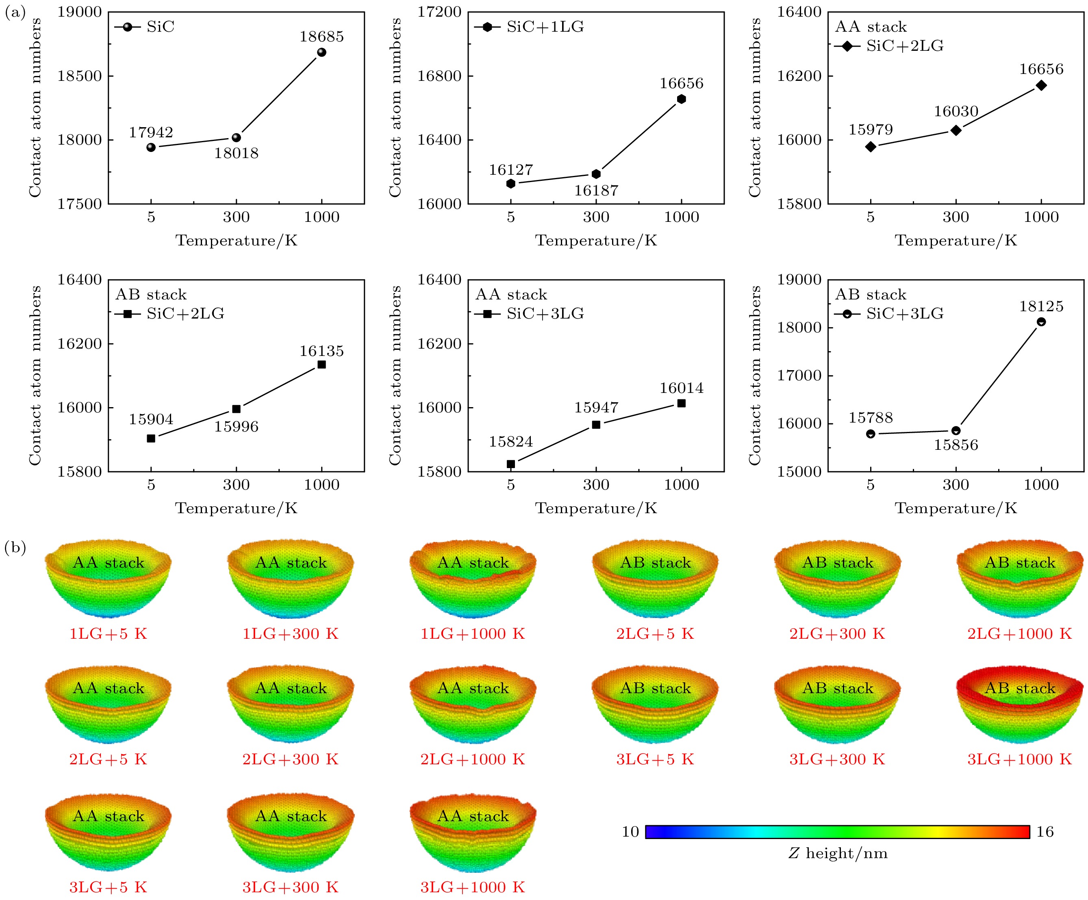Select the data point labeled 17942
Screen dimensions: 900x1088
[x=151, y=147]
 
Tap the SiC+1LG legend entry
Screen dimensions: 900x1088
[x=530, y=27]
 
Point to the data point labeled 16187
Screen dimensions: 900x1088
[x=596, y=174]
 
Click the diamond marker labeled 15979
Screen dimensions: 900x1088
[x=871, y=147]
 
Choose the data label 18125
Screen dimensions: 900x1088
[x=1041, y=306]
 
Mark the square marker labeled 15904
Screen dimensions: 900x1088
[x=151, y=438]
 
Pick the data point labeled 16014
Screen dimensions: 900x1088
[x=681, y=403]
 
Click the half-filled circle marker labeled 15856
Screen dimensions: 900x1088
[x=956, y=431]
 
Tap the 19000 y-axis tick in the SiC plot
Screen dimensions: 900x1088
[x=79, y=12]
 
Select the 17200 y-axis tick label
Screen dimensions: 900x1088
[x=439, y=12]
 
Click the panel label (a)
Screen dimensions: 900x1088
[x=15, y=13]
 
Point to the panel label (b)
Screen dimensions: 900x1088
[x=15, y=548]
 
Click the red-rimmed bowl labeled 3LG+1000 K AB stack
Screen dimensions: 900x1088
[x=1020, y=704]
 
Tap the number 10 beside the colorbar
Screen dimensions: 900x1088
[x=630, y=832]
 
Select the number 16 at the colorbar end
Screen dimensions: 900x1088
[x=1045, y=832]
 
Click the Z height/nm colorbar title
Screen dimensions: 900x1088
[x=838, y=853]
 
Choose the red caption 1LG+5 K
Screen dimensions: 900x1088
[x=108, y=634]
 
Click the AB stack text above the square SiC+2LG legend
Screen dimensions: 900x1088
[x=151, y=295]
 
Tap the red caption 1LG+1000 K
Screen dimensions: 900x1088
[x=473, y=634]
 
